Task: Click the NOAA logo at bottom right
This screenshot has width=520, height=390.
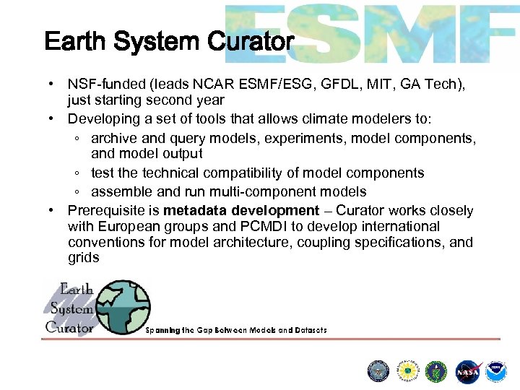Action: [496, 370]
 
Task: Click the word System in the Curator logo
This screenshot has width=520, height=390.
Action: [71, 308]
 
